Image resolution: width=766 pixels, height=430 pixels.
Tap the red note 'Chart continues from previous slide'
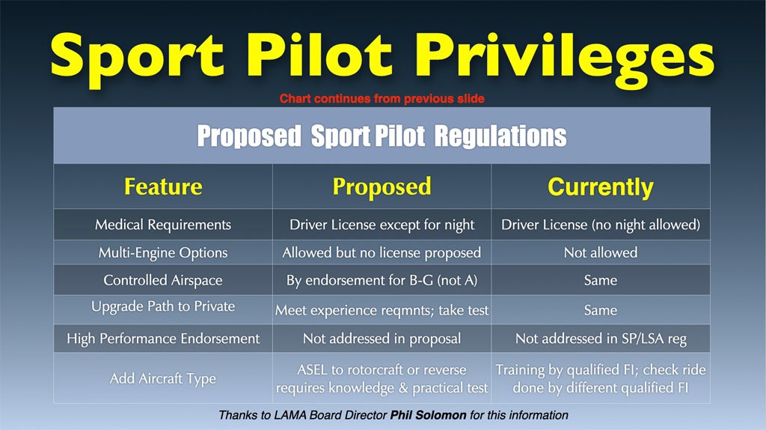[x=382, y=98]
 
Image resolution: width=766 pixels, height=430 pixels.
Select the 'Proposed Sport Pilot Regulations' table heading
[x=382, y=136]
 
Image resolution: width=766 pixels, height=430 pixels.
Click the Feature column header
[x=163, y=187]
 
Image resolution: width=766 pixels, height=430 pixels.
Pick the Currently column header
[x=601, y=187]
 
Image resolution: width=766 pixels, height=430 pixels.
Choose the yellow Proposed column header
[x=382, y=187]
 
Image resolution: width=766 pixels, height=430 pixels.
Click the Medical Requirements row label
[x=163, y=225]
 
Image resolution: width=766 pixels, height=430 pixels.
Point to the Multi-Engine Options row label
[x=163, y=252]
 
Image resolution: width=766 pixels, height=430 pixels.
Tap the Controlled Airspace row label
[x=163, y=280]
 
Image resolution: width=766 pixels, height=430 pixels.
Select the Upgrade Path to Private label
[x=163, y=306]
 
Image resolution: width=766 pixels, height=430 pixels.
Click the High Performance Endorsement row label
[x=163, y=339]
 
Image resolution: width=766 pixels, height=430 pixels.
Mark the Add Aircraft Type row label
[x=163, y=378]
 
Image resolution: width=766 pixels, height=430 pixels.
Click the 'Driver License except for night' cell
[x=382, y=225]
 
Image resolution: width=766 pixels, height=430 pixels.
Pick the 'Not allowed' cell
[x=601, y=252]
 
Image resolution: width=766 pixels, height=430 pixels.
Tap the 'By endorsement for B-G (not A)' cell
[x=382, y=280]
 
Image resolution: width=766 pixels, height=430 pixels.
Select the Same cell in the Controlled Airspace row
[x=601, y=280]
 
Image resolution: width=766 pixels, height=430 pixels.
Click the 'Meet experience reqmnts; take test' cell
[x=382, y=310]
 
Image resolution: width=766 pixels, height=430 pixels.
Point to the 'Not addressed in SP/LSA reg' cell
[x=601, y=339]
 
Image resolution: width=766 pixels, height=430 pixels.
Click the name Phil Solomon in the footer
[x=428, y=415]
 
